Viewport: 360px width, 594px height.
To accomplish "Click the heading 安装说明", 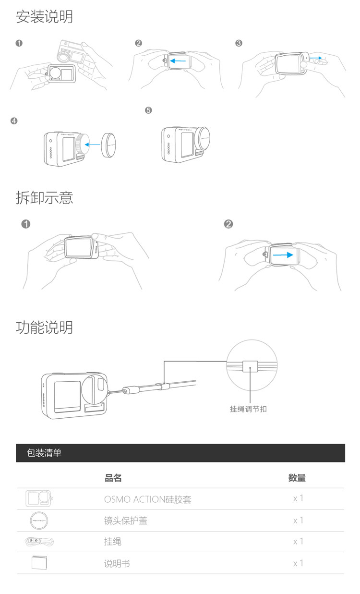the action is point(45,17).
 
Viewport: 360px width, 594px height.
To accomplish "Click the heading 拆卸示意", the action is point(45,197).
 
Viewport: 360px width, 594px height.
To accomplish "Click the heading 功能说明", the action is point(45,327).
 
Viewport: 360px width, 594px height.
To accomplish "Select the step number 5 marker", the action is point(148,110).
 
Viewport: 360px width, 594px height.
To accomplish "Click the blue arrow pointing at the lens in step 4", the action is point(94,143).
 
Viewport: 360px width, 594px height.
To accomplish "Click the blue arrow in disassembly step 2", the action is point(283,255).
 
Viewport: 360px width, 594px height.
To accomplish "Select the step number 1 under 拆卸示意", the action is point(26,224).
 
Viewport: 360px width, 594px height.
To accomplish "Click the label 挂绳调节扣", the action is point(249,409).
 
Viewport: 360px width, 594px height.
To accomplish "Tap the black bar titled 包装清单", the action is point(180,453).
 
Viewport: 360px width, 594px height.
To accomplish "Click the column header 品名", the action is point(113,478).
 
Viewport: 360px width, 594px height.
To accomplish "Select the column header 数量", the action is point(297,478).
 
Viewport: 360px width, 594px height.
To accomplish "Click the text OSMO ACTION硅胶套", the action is point(148,499).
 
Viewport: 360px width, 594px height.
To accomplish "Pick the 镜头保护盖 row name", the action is point(126,521).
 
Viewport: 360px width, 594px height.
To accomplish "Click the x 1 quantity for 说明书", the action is point(298,563).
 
